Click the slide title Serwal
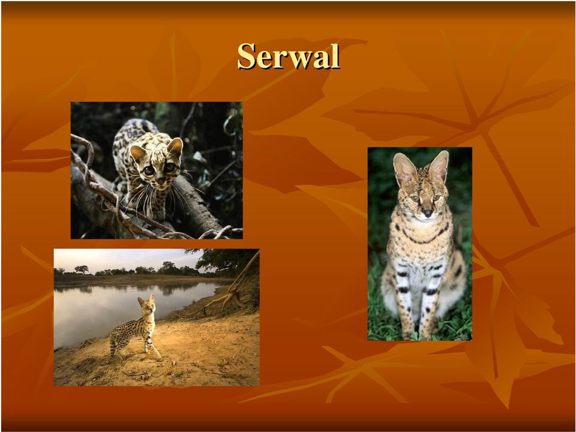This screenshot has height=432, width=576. (289, 56)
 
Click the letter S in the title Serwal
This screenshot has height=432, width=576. (247, 56)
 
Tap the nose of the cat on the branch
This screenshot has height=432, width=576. (161, 181)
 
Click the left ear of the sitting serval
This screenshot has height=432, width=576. (404, 170)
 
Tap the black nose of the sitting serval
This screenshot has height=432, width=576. (427, 212)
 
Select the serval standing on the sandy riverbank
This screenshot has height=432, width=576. (136, 326)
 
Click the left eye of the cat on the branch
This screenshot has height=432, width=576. (149, 170)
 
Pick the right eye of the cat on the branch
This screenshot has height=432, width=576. (169, 167)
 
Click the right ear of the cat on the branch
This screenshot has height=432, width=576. (175, 146)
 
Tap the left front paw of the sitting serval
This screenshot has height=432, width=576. (406, 332)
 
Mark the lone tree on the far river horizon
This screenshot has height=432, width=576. (82, 269)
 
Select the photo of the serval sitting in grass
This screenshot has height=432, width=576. (420, 244)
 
